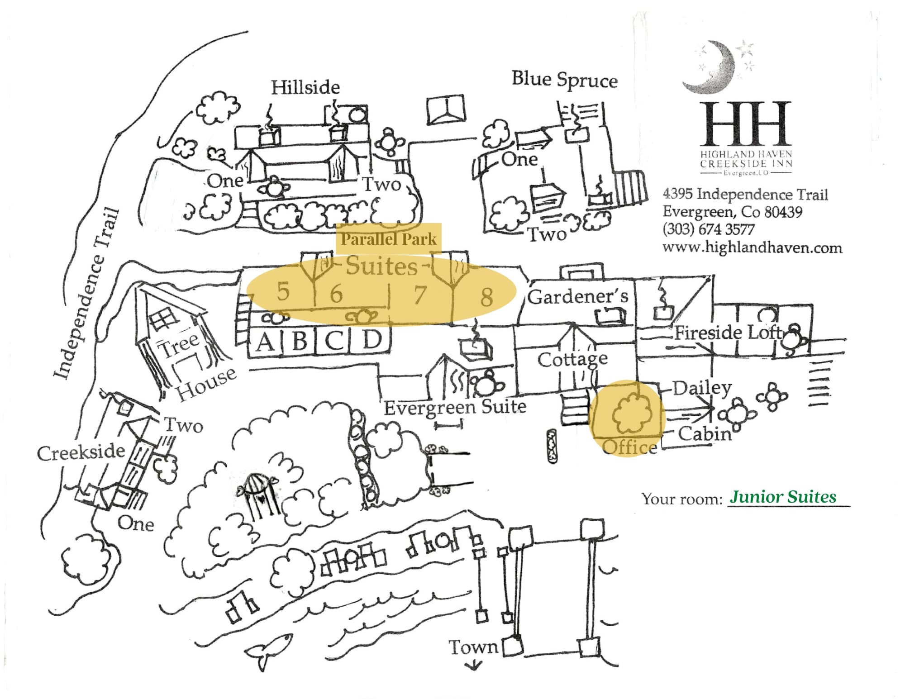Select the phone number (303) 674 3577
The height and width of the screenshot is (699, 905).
coord(708,229)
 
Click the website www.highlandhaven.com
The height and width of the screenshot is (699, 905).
coord(752,248)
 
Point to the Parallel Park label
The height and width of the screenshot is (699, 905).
coord(388,239)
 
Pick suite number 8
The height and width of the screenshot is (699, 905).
coord(486,297)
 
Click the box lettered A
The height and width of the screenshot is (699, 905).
coord(265,342)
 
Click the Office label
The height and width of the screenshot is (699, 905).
coord(629,447)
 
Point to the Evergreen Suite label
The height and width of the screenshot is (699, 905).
coord(455,407)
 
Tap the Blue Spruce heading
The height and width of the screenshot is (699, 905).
coord(564,80)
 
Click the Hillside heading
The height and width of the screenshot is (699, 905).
coord(305,87)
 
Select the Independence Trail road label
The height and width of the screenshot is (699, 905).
coord(86,294)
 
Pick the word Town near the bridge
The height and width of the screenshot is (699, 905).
coord(473,647)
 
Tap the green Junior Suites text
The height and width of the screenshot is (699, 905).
coord(783,497)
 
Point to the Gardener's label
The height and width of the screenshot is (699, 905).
coord(578,297)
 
